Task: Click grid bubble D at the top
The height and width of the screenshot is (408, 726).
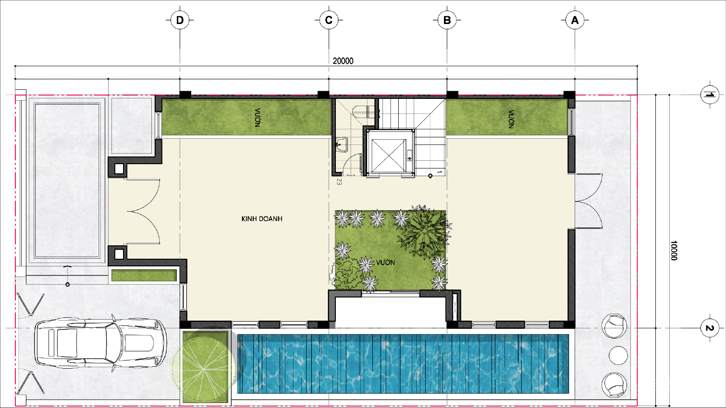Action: [180, 20]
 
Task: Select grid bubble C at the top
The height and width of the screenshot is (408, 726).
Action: [329, 20]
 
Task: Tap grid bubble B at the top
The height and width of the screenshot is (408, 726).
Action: [447, 20]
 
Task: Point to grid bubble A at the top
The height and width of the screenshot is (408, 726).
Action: [575, 20]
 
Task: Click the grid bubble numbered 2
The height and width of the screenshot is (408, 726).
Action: [710, 328]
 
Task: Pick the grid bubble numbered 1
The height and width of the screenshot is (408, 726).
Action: [710, 95]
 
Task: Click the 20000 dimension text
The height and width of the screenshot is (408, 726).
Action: [343, 61]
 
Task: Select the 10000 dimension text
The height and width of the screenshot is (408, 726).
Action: [674, 250]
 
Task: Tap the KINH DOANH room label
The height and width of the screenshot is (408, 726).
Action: [262, 219]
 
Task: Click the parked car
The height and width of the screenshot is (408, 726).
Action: [100, 343]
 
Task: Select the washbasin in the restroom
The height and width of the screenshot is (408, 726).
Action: [342, 144]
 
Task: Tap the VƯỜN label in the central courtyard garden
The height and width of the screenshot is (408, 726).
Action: [385, 263]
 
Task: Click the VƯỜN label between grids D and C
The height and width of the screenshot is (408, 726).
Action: [258, 118]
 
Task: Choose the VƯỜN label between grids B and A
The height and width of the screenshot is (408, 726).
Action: [511, 119]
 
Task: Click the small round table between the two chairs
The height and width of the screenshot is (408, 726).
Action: [618, 355]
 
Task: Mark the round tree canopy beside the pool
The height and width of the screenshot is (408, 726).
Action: [204, 369]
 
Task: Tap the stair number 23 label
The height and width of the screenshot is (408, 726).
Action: [339, 181]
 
